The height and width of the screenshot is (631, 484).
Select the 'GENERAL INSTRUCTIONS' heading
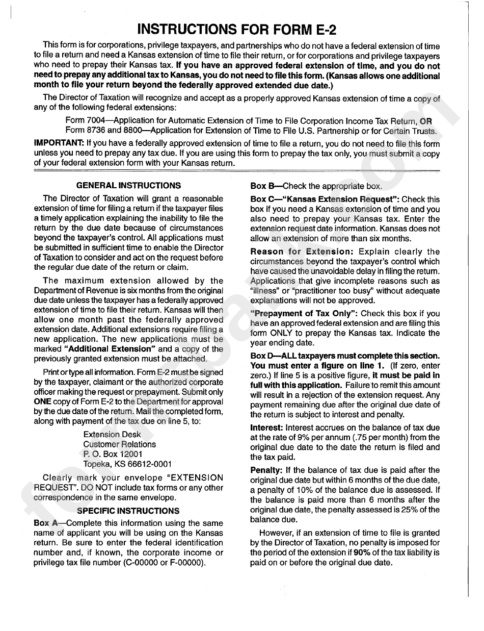[x=128, y=186]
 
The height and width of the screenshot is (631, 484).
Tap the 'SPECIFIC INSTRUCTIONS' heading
[x=128, y=511]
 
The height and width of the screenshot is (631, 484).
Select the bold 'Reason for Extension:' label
[x=302, y=251]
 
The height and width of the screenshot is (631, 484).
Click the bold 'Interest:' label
[x=267, y=427]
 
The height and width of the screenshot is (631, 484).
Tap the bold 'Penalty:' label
[x=266, y=470]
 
